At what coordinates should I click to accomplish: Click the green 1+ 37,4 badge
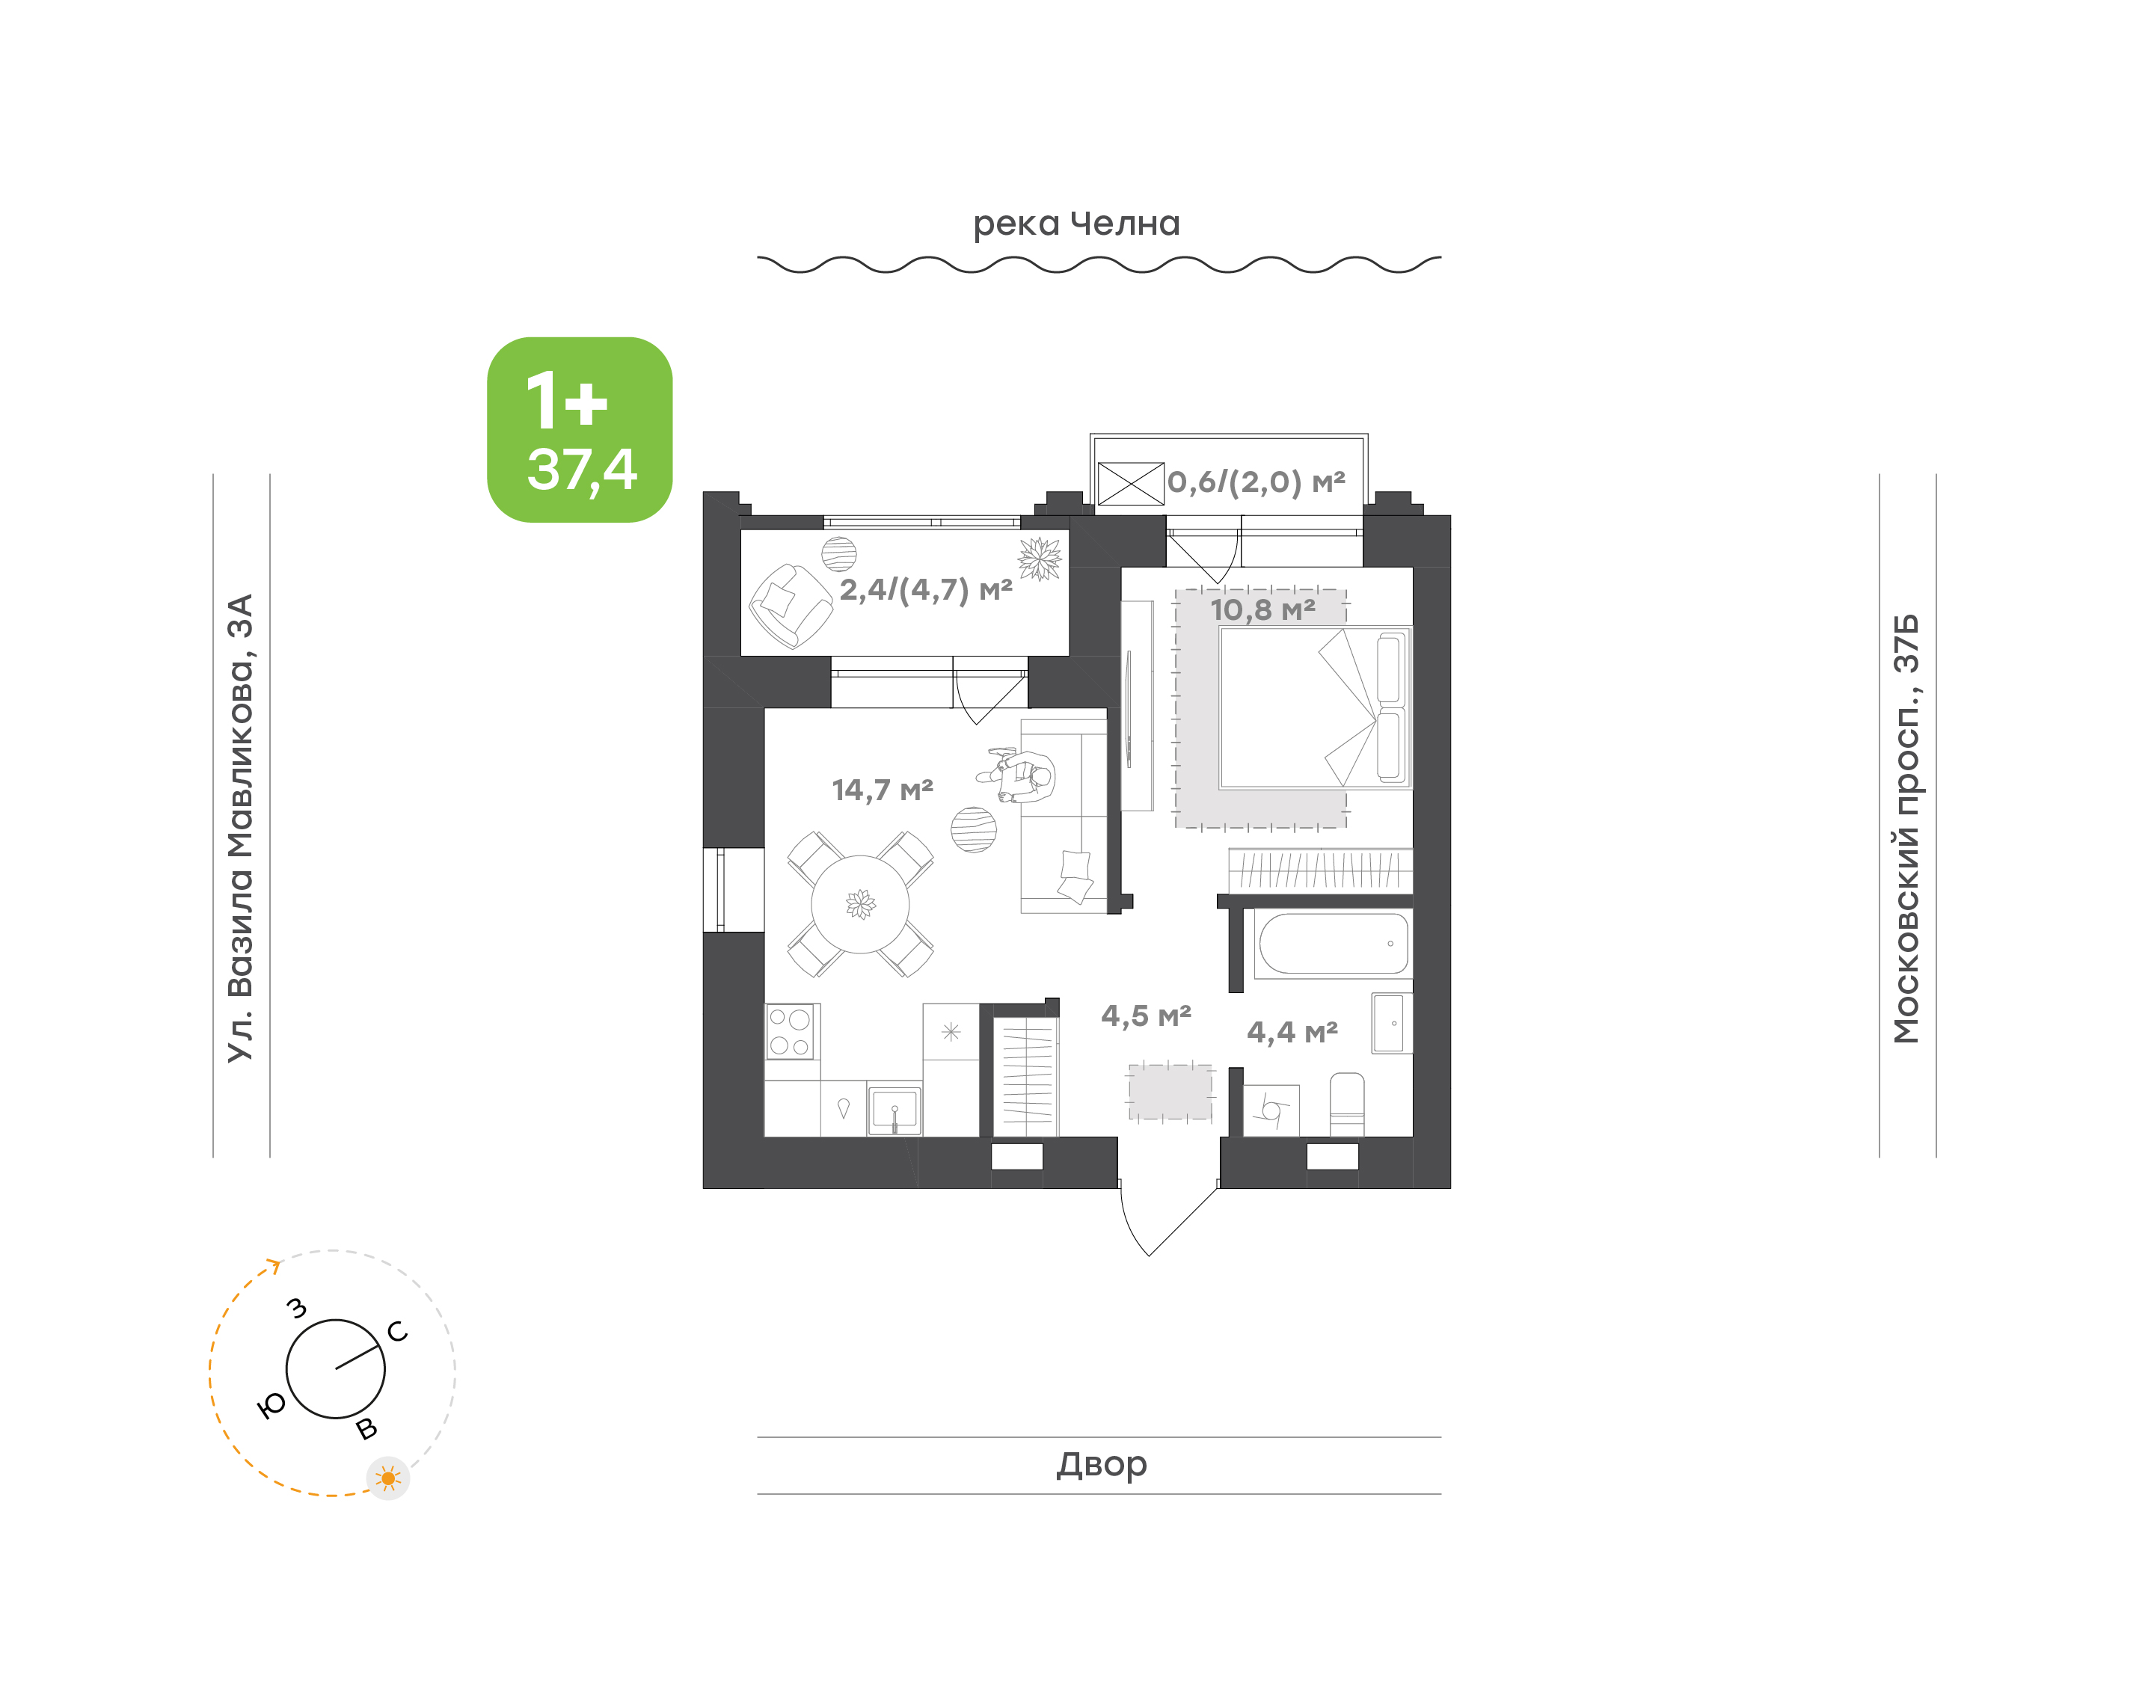579,429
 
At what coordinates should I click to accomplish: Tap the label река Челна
1076,224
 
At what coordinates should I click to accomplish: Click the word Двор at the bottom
1101,1464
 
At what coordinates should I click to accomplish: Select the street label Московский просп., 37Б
1906,829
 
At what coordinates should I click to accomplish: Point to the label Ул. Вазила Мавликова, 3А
240,829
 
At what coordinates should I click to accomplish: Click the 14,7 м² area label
883,790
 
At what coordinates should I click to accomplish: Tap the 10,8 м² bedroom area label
1262,609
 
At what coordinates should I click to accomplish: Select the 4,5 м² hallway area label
1146,1016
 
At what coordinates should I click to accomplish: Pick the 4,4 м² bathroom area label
1292,1033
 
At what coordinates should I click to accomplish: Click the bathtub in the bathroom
1333,944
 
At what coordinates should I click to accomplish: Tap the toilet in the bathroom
1346,1104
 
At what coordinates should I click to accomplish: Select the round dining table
860,903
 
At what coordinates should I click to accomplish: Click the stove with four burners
790,1032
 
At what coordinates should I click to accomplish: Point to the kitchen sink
895,1110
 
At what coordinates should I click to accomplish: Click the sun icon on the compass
388,1478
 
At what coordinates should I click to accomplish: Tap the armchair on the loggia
791,606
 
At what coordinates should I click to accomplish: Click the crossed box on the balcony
1131,484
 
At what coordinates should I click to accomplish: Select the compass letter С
398,1331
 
